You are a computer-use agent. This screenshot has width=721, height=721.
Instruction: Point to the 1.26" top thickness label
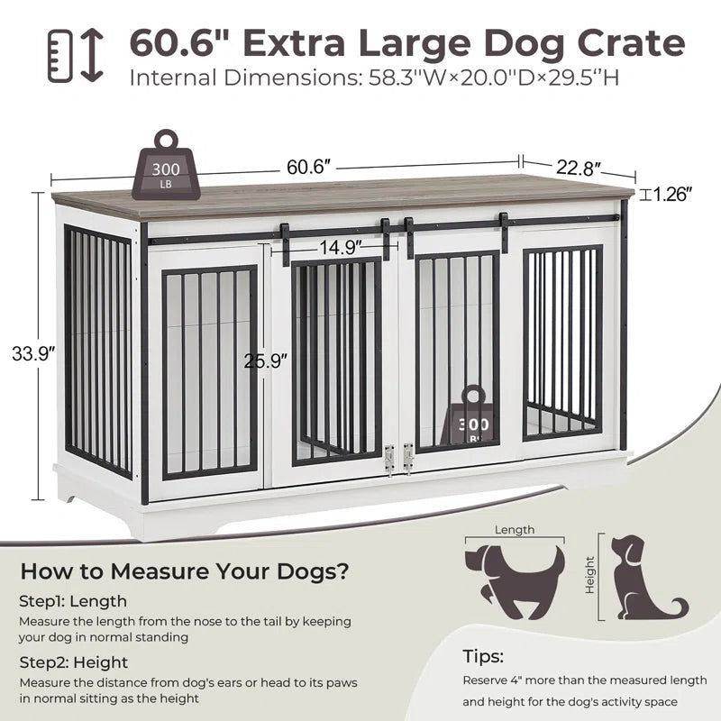click(x=671, y=194)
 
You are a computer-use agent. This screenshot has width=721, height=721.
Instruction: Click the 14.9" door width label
click(x=340, y=245)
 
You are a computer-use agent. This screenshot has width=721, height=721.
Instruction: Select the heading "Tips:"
click(x=483, y=656)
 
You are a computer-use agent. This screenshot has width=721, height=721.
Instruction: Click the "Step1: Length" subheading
click(x=73, y=601)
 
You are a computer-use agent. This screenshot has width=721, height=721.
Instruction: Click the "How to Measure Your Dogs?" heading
click(x=185, y=570)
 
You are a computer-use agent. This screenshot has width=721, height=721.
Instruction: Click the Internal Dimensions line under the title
click(x=374, y=78)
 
